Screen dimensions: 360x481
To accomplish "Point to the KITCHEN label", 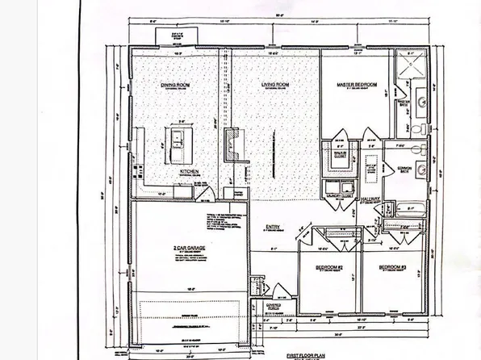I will tap(190, 172).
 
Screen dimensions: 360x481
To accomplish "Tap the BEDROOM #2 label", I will tap(331, 266).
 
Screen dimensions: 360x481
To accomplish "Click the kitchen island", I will tap(174, 144).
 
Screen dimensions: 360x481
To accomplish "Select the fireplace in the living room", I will tap(232, 144).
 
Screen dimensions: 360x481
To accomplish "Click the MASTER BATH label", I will tap(405, 104).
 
